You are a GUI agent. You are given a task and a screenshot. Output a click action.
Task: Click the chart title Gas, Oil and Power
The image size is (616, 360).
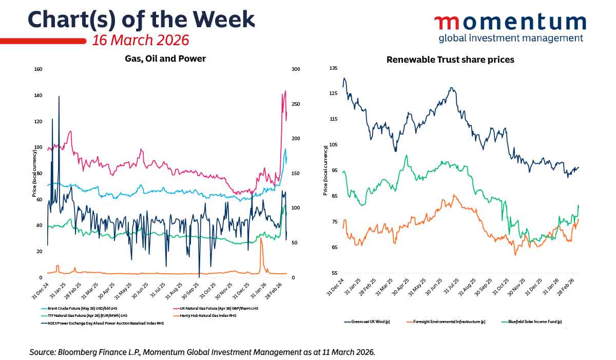click(x=165, y=59)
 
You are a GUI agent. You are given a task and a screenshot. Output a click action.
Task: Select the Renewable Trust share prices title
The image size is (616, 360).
click(x=450, y=60)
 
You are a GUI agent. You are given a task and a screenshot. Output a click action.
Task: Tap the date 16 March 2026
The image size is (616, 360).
click(x=140, y=40)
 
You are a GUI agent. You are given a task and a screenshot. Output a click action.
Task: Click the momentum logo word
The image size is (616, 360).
click(x=510, y=22)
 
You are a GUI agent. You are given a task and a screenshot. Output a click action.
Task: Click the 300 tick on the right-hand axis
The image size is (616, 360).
click(x=296, y=69)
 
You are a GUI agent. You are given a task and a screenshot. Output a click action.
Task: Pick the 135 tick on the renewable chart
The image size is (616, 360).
click(x=334, y=68)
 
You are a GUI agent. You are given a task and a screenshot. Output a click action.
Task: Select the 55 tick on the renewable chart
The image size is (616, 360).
click(x=334, y=273)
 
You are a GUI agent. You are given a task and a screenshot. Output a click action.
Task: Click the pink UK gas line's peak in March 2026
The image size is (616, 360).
click(x=285, y=91)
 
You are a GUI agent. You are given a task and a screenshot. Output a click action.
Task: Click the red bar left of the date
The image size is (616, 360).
click(x=43, y=41)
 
